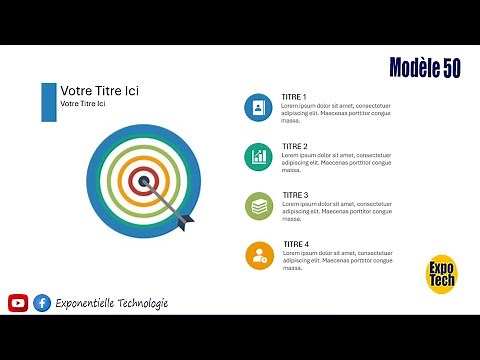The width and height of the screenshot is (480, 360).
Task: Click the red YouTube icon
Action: click(18, 303)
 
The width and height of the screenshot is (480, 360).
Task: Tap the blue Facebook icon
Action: click(42, 303)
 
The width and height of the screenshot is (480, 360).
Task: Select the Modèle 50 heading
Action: click(425, 68)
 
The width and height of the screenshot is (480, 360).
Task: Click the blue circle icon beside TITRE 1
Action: click(259, 107)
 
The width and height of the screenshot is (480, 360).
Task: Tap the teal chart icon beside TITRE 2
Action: click(259, 156)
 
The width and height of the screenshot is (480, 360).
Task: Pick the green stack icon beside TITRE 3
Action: click(259, 206)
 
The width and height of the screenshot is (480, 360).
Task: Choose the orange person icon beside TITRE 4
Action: click(259, 255)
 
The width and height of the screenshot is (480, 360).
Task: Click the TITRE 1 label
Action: click(294, 97)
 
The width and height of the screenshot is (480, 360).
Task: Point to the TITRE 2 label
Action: click(294, 146)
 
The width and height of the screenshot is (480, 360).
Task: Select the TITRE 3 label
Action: click(295, 195)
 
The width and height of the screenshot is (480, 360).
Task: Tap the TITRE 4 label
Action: click(296, 244)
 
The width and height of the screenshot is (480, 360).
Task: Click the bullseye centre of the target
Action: click(144, 181)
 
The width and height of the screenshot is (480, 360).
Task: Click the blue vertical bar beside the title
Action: click(48, 102)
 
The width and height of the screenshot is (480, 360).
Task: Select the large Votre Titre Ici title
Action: click(99, 91)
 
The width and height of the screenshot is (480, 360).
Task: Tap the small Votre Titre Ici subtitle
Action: click(83, 104)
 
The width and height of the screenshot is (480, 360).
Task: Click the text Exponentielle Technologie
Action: click(112, 303)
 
